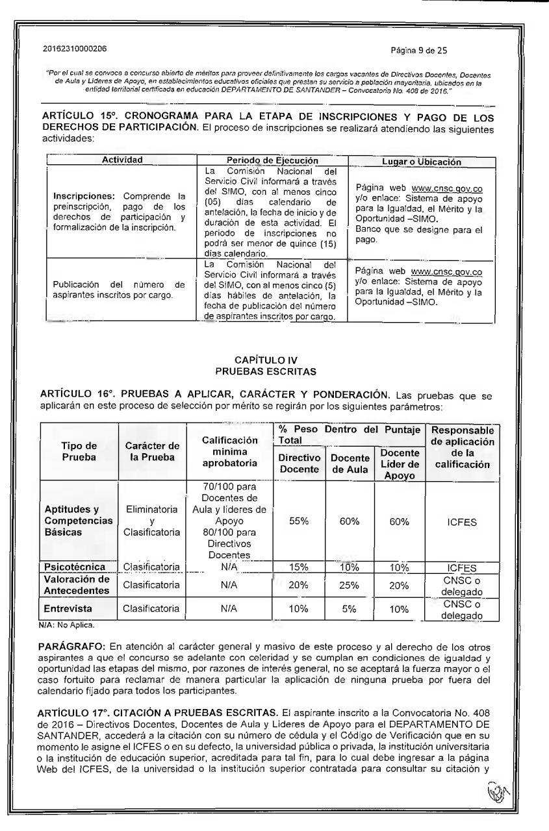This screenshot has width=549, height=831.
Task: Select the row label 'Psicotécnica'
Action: [x=73, y=566]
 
